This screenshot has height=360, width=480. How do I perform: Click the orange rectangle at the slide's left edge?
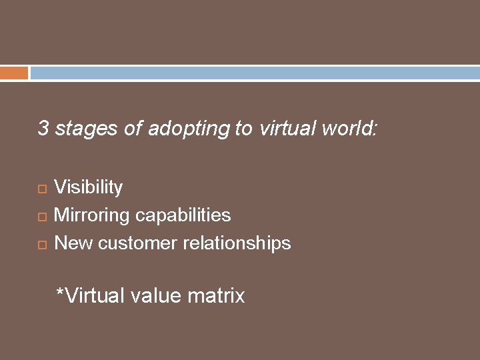[x=14, y=73]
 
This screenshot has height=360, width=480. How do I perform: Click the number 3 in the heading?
[x=43, y=128]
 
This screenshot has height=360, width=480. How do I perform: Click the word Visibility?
[x=88, y=187]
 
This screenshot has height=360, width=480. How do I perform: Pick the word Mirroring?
[x=91, y=215]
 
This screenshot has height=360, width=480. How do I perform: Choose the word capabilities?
[x=183, y=215]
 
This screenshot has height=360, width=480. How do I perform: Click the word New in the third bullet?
[x=73, y=243]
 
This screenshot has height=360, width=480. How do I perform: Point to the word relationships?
[x=237, y=243]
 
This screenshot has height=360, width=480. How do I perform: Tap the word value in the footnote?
[x=156, y=295]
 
